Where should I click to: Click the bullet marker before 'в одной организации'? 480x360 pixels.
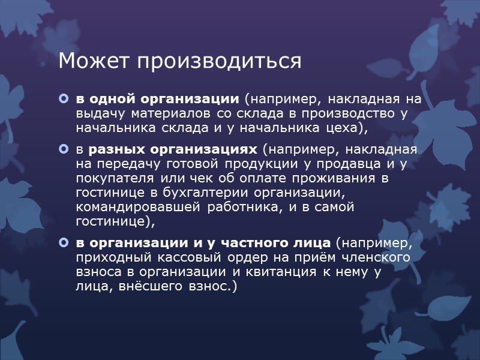pyautogui.click(x=64, y=98)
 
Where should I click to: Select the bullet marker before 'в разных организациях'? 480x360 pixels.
pyautogui.click(x=64, y=148)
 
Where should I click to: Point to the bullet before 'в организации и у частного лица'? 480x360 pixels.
pyautogui.click(x=64, y=243)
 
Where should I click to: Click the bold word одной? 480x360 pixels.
pyautogui.click(x=111, y=98)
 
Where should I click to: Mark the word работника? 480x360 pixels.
pyautogui.click(x=245, y=207)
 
